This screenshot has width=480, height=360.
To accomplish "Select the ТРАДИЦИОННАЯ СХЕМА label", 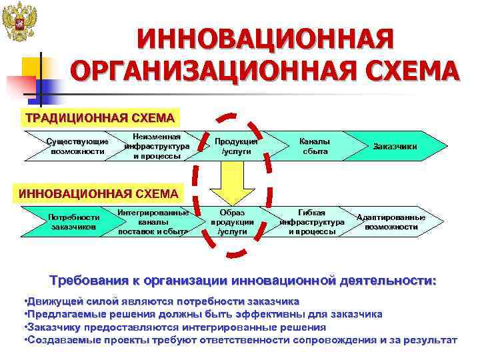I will point(99,118).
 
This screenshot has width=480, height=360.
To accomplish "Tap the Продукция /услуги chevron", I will point(236,146).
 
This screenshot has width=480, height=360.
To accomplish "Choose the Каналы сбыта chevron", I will point(314,146).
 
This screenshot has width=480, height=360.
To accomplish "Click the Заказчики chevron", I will point(395,146).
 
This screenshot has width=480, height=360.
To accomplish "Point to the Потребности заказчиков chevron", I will point(74,221).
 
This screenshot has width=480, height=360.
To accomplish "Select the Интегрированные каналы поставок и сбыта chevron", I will point(153,222).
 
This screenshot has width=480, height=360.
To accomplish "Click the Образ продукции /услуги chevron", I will point(232,222).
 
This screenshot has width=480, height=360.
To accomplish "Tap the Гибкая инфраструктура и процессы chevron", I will point(312,222).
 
